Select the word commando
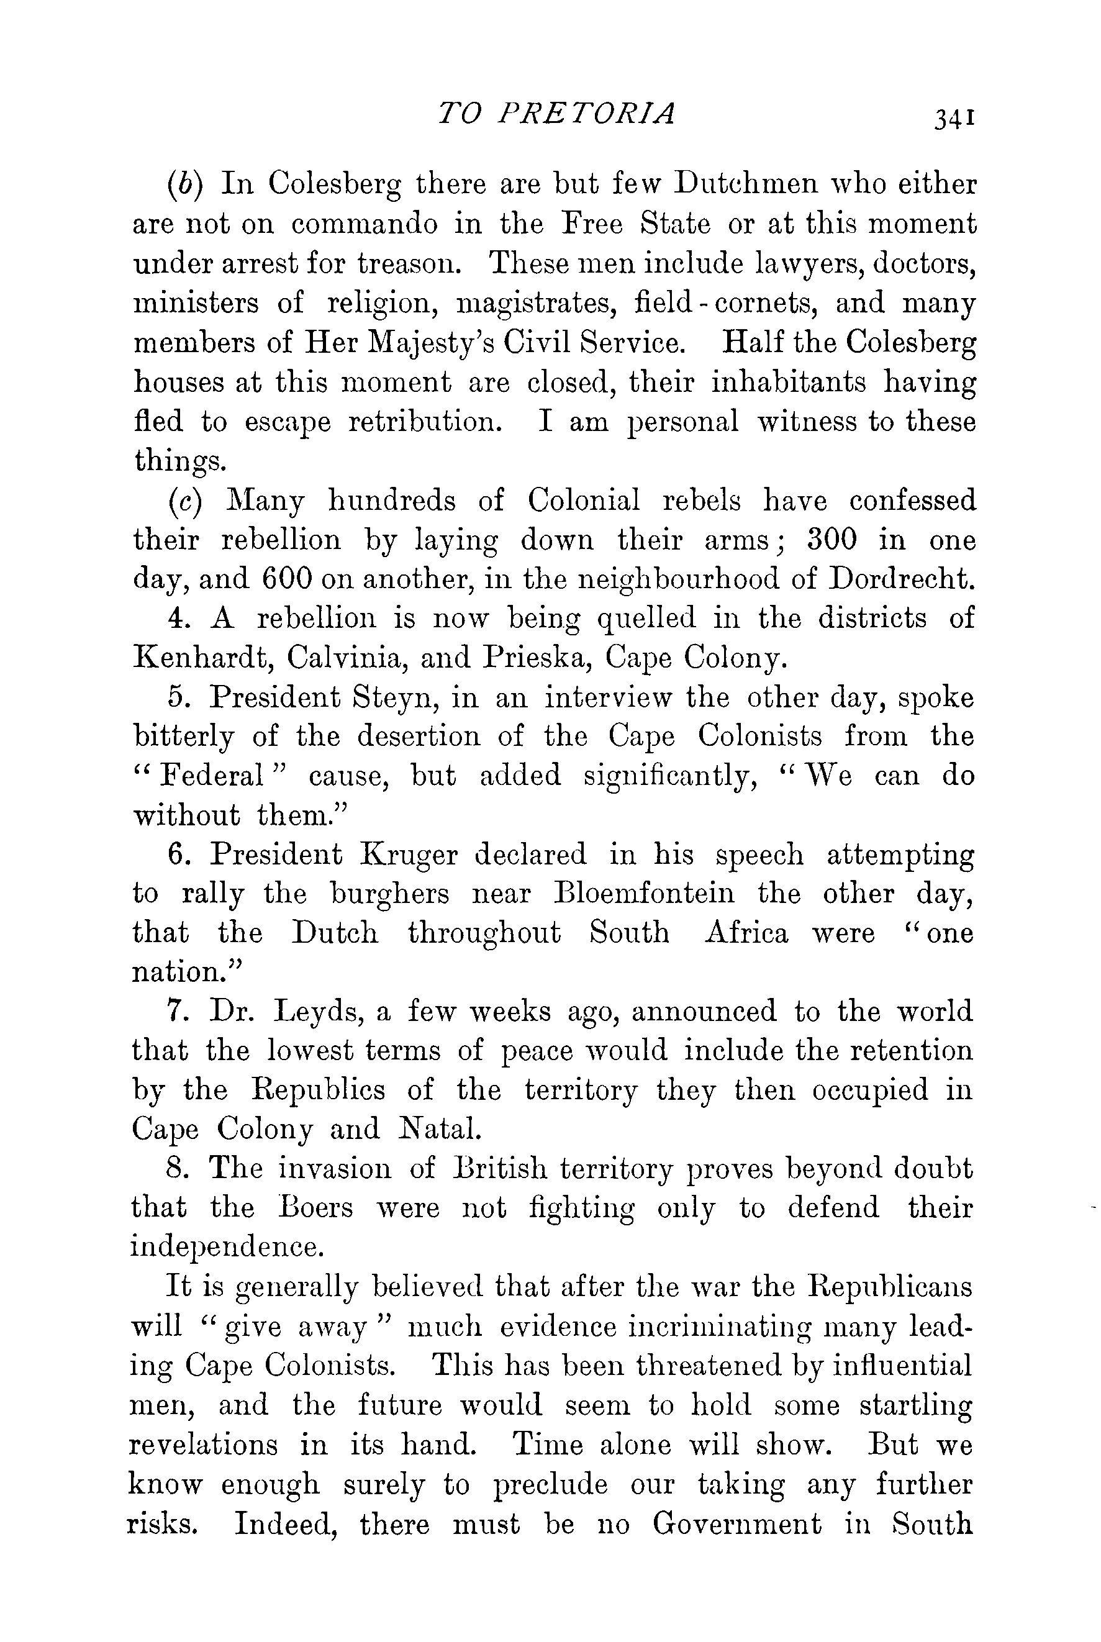[365, 225]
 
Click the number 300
[832, 540]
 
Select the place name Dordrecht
[902, 580]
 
